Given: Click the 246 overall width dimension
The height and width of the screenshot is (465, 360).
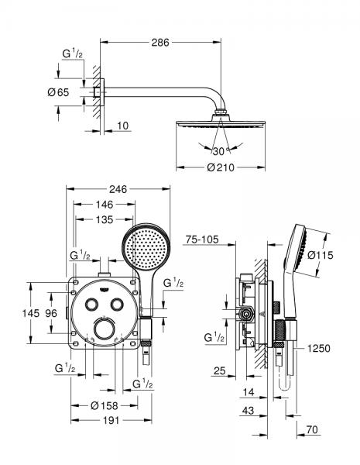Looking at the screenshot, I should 117,188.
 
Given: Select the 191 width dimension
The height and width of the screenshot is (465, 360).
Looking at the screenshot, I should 105,421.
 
